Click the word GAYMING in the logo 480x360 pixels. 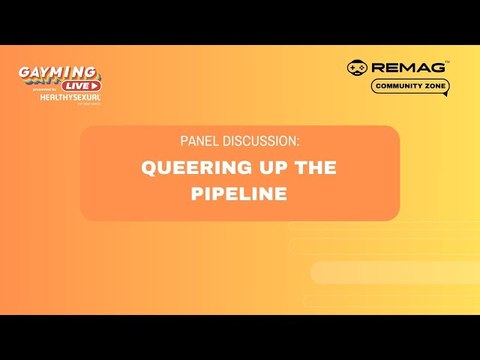pos(58,72)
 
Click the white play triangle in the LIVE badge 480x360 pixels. pos(93,86)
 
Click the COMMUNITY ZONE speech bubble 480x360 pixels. pos(410,86)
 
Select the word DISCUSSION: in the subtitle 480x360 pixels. pos(259,142)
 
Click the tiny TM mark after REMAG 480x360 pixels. pos(447,62)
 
